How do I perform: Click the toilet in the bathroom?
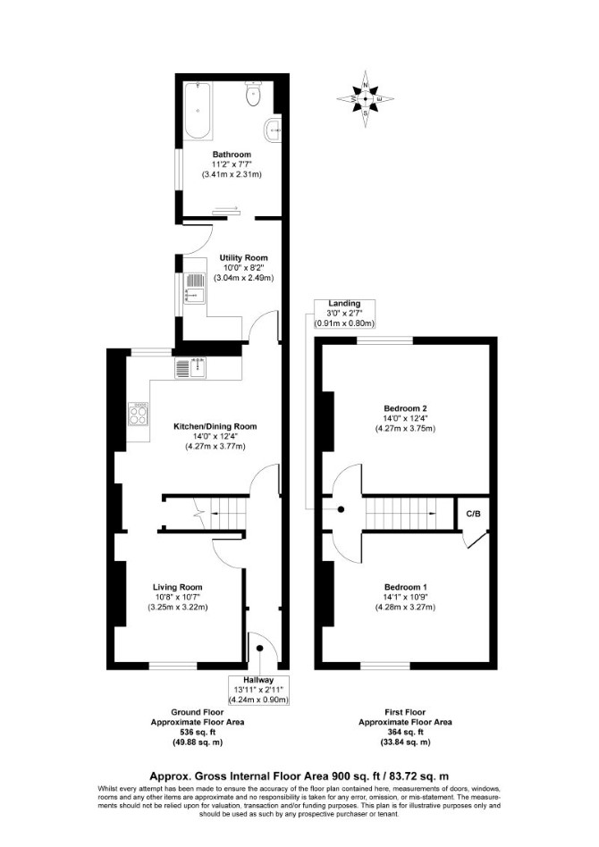tap(253, 93)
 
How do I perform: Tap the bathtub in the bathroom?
tap(198, 111)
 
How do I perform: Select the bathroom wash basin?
tap(274, 130)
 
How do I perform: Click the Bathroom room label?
tap(232, 155)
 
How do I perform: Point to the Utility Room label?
tap(243, 257)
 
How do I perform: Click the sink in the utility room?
tap(194, 289)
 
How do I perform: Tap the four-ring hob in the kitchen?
tap(139, 415)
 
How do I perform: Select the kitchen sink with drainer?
tap(191, 367)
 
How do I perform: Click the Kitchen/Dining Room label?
tap(215, 426)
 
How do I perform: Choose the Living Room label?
tap(177, 587)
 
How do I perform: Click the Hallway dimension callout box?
tap(258, 690)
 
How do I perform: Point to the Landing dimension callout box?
tap(345, 314)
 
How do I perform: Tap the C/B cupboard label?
tap(473, 514)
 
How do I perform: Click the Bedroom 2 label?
tap(406, 408)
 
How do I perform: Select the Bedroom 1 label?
tap(406, 587)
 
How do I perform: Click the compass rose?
tap(366, 99)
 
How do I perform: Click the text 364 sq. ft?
tap(406, 732)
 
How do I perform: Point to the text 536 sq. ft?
tap(198, 732)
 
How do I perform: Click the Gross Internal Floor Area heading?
tap(299, 776)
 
